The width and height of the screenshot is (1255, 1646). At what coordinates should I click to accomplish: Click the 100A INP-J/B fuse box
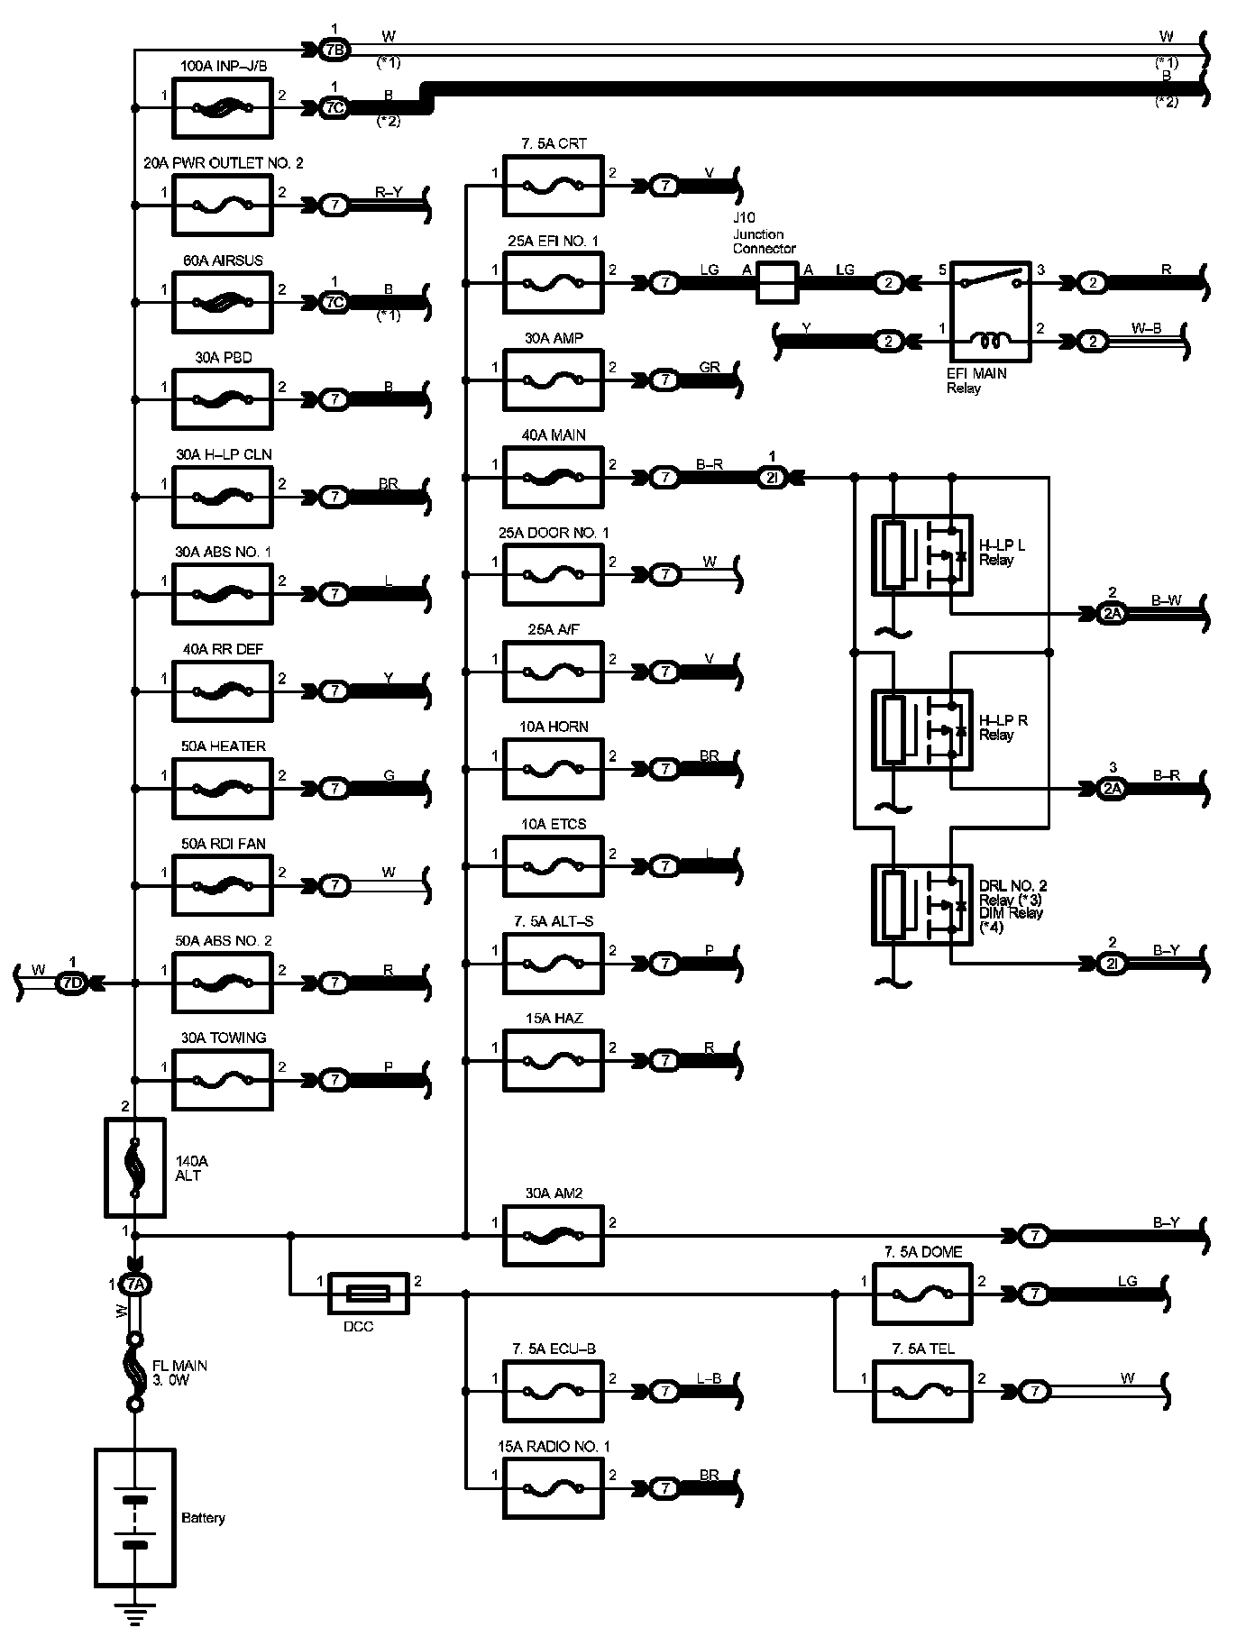(x=221, y=107)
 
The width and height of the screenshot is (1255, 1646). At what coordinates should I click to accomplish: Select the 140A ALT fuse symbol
(x=135, y=1167)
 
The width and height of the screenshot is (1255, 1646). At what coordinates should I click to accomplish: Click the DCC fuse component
(x=369, y=1294)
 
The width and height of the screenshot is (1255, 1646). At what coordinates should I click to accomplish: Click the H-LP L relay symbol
(x=921, y=554)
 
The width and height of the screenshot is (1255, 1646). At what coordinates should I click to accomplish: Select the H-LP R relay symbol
(x=921, y=729)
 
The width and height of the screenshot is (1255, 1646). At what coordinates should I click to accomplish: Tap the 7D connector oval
(x=72, y=983)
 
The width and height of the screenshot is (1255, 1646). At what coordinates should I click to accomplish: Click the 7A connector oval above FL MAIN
(x=135, y=1284)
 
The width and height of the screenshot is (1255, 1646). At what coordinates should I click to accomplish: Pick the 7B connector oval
(x=334, y=50)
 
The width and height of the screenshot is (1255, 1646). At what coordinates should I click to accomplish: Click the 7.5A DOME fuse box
(x=922, y=1294)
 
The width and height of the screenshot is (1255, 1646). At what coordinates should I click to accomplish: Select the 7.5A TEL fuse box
(x=922, y=1392)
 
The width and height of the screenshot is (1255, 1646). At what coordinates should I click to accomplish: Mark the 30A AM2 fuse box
(x=554, y=1235)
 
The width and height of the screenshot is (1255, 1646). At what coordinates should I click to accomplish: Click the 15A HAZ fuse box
(x=554, y=1060)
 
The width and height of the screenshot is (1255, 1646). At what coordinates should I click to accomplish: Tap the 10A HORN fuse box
(x=554, y=769)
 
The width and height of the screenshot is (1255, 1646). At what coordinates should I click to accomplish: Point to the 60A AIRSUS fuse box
(x=221, y=302)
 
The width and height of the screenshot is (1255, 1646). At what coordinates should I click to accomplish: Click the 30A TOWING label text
(x=224, y=1038)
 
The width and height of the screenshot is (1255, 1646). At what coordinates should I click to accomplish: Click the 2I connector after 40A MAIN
(x=772, y=478)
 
